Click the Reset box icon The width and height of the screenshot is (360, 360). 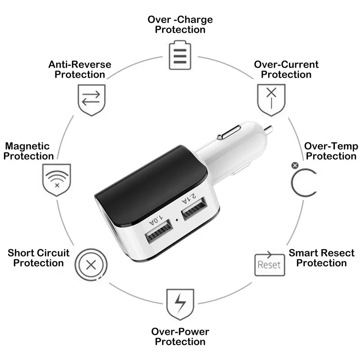269,263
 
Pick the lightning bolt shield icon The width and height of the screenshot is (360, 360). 180,304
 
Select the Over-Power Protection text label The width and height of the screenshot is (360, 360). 180,337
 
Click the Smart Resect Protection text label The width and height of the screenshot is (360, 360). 321,258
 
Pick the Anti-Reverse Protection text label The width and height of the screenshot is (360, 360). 80,69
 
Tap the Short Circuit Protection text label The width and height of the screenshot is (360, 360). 39,258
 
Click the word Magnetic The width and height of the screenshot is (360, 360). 27,146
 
